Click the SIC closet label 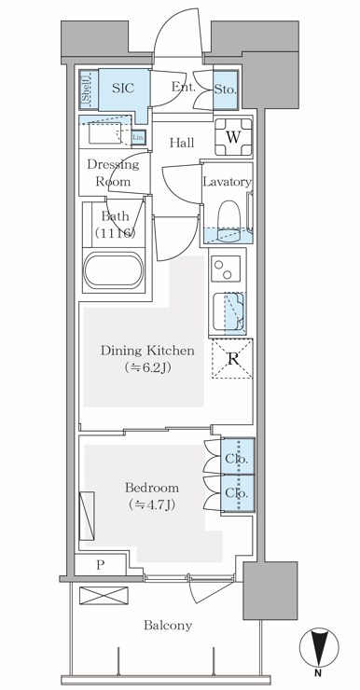coord(122,90)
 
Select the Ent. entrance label coord(183,88)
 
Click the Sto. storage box coord(227,91)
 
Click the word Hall coord(182,143)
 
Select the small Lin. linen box coord(138,138)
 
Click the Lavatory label coord(227,182)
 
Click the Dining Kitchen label coord(147,360)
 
